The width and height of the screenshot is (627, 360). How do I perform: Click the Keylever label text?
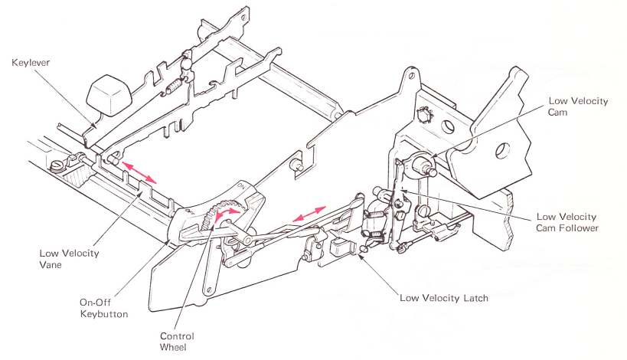(31, 63)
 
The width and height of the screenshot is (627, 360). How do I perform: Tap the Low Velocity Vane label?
(69, 259)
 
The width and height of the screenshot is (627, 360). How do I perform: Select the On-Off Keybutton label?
(104, 308)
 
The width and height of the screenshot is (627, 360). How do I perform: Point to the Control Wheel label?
(177, 342)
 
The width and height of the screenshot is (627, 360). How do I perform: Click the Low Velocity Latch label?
(444, 298)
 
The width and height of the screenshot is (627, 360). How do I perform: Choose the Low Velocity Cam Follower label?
(567, 222)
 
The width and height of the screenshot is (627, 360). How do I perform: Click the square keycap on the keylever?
(109, 95)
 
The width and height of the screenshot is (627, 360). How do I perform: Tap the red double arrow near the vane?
(139, 172)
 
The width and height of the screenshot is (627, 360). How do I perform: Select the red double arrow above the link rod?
(309, 214)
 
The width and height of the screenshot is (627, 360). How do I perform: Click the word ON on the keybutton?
(241, 185)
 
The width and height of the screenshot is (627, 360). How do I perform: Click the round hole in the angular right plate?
(503, 150)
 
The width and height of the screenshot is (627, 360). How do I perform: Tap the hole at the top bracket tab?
(412, 77)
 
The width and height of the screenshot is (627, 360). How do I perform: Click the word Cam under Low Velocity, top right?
(557, 113)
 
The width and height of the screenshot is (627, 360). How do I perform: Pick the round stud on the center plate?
(297, 165)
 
